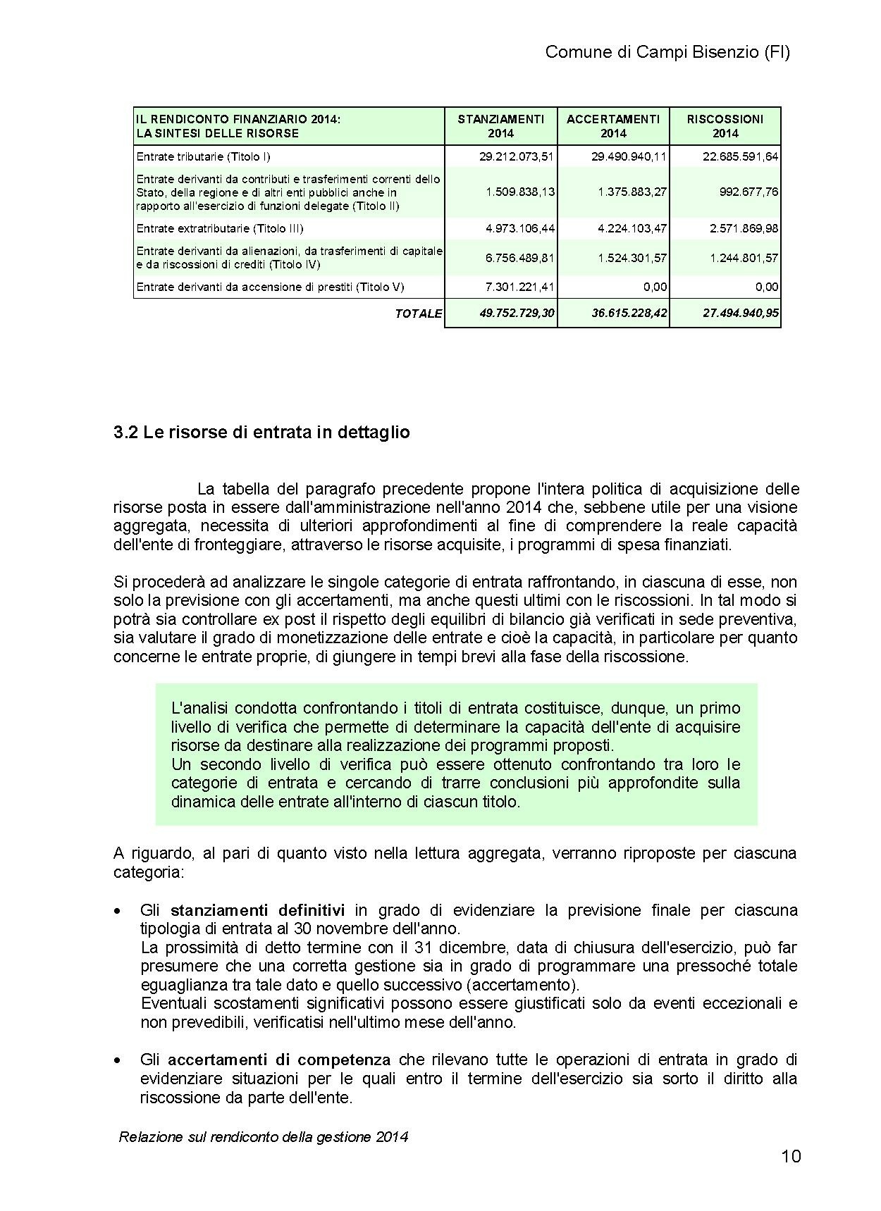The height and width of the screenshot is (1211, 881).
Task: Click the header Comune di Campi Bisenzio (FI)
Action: pyautogui.click(x=667, y=52)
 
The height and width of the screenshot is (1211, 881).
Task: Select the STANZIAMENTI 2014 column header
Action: pyautogui.click(x=501, y=126)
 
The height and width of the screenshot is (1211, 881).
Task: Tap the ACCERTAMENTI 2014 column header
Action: pyautogui.click(x=613, y=126)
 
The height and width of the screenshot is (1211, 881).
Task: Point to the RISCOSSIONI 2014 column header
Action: pyautogui.click(x=725, y=126)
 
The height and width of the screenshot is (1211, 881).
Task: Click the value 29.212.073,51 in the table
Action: pyautogui.click(x=517, y=156)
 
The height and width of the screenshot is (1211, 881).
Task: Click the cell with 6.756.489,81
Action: pyautogui.click(x=519, y=258)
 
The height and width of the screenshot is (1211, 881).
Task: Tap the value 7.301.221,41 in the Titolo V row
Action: pyautogui.click(x=519, y=287)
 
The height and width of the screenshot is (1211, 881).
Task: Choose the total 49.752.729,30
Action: pyautogui.click(x=517, y=313)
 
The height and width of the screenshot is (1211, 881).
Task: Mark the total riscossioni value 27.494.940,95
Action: pyautogui.click(x=741, y=313)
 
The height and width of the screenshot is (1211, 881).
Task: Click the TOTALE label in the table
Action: pyautogui.click(x=419, y=313)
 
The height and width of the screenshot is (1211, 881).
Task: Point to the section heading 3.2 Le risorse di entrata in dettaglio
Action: pyautogui.click(x=261, y=432)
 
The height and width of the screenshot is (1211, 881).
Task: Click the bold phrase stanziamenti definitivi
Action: pyautogui.click(x=257, y=909)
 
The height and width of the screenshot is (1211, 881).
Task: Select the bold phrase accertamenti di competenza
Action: pyautogui.click(x=279, y=1060)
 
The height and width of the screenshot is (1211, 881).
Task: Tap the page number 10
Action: pyautogui.click(x=791, y=1157)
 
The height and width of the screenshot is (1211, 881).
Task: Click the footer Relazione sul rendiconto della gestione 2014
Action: pyautogui.click(x=264, y=1136)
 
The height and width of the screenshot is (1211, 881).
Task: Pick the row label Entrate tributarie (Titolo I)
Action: pyautogui.click(x=204, y=156)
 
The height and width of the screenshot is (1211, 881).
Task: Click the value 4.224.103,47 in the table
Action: pyautogui.click(x=632, y=228)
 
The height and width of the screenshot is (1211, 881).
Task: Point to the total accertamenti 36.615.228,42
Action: pyautogui.click(x=629, y=313)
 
